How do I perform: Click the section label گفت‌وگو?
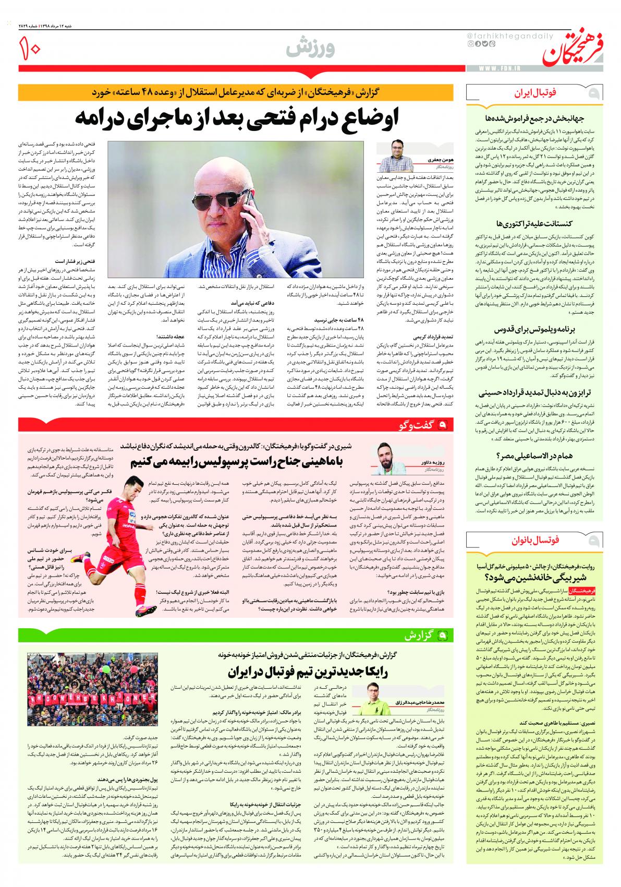(x=418, y=425)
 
